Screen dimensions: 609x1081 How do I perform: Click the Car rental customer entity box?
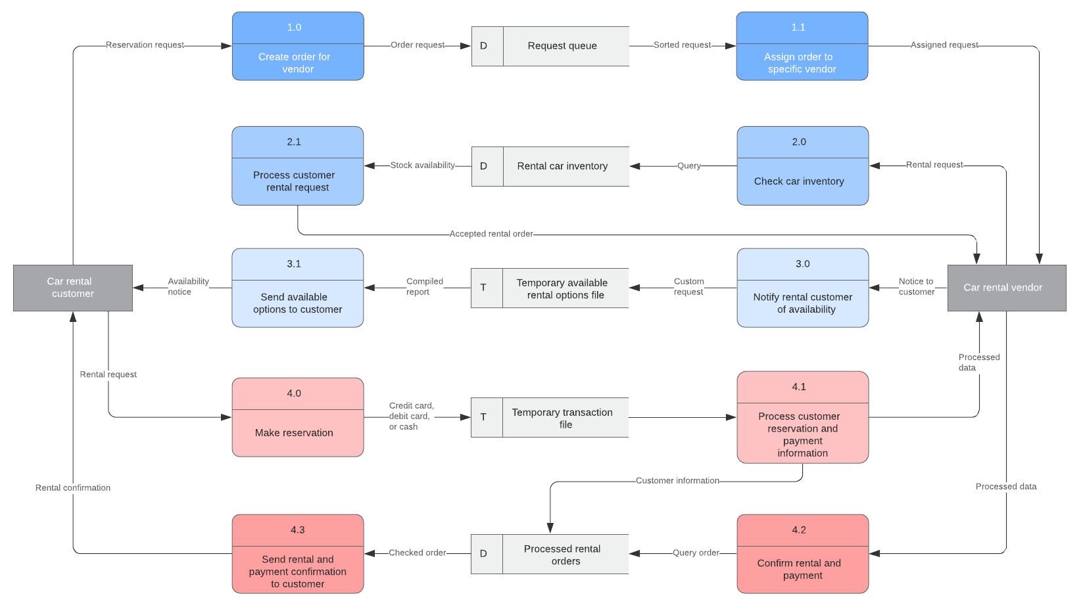pos(72,288)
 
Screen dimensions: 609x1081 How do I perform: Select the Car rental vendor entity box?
pos(1006,288)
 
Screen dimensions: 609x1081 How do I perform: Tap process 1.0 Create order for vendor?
pos(297,46)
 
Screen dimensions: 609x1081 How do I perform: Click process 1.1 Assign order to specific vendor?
pos(802,46)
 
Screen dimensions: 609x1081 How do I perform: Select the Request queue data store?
pos(562,46)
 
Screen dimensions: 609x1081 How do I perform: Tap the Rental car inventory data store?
pos(562,166)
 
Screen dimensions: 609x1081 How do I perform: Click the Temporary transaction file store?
pos(562,418)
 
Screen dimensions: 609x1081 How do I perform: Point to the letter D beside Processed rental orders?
pos(483,554)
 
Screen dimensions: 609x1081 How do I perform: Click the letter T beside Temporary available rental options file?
pos(483,288)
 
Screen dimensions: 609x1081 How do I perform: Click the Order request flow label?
pos(418,45)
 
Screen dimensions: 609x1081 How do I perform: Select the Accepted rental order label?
pos(491,234)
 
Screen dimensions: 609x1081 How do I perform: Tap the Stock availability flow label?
pos(422,166)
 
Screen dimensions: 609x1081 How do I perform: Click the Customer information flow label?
pos(677,481)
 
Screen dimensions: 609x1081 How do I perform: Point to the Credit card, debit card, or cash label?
pos(410,417)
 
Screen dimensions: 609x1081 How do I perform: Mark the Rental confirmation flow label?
pos(73,488)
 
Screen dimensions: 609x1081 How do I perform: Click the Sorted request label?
pos(682,45)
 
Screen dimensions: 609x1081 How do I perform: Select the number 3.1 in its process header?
pos(294,264)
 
